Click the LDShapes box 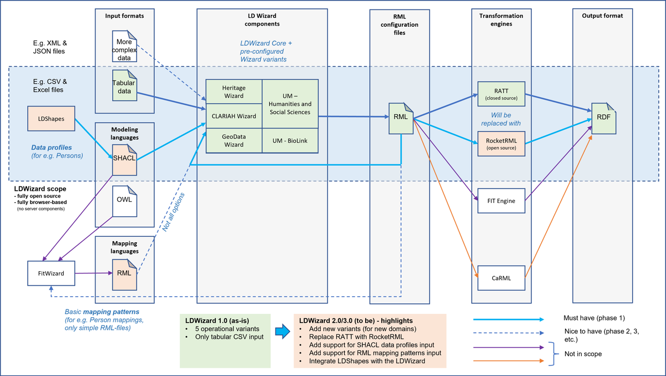click(51, 119)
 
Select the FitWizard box click(51, 273)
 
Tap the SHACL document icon click(124, 160)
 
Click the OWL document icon click(124, 201)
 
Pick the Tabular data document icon click(124, 85)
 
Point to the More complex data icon click(124, 46)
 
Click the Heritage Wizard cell click(234, 92)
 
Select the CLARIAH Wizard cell click(234, 116)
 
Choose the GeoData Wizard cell click(234, 141)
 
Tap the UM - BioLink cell click(290, 141)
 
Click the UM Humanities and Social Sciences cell click(290, 104)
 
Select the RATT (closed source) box click(501, 94)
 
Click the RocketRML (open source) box click(501, 144)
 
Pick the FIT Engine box click(501, 201)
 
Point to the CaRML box click(501, 278)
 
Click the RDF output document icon click(604, 119)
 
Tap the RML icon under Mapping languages click(124, 275)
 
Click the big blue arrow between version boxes click(282, 331)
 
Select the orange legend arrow click(508, 361)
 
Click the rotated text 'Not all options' click(173, 212)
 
